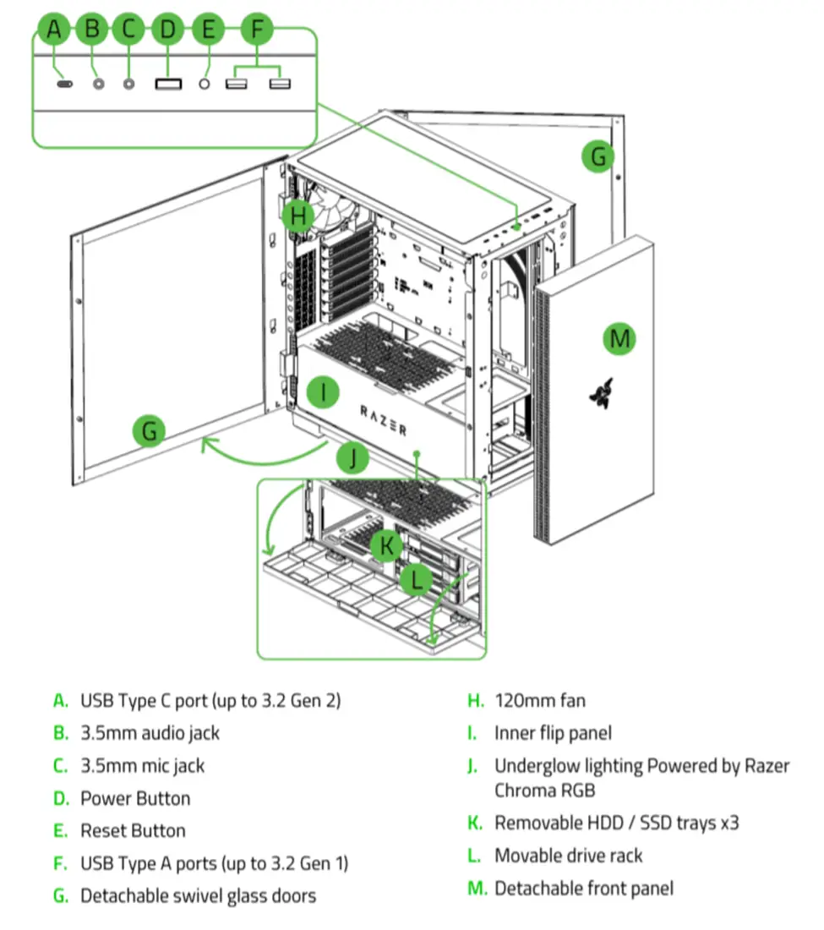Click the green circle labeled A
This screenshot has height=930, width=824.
point(55,30)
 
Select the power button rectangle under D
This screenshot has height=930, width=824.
point(168,84)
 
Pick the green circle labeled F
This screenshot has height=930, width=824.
point(258,30)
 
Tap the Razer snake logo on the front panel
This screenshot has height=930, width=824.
point(599,391)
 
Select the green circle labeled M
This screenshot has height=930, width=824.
point(619,339)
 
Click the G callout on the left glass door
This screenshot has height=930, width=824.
point(150,431)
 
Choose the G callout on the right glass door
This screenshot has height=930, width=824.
point(598,156)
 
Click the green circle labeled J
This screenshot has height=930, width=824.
point(354,460)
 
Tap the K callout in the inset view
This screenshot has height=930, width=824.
point(386,545)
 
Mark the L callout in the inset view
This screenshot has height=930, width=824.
point(417,580)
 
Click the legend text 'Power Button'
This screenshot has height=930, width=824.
point(135,798)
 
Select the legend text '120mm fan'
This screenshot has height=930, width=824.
point(539,700)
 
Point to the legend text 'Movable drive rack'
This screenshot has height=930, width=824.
point(568,855)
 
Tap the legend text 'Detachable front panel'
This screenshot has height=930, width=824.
point(584,888)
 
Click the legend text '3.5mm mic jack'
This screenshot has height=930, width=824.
point(142,765)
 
